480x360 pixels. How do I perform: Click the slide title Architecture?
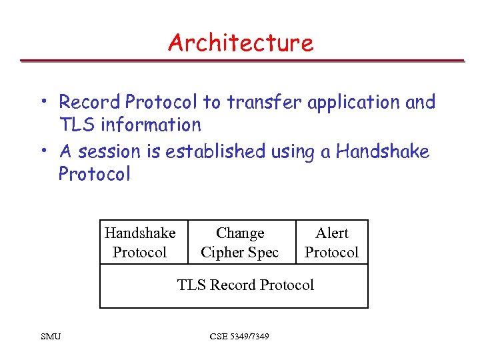pos(240,43)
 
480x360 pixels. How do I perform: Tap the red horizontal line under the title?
pos(241,61)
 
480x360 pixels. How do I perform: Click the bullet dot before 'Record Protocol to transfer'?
pos(43,102)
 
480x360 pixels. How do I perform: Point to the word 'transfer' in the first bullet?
pos(261,102)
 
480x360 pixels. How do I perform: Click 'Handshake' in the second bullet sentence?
pos(383,152)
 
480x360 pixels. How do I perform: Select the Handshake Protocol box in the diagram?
pos(141,243)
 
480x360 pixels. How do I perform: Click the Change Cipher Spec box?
pos(240,243)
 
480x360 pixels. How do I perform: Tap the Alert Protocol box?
pos(331,243)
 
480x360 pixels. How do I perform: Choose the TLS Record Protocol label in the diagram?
pos(245,285)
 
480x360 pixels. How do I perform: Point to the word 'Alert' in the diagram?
pos(331,233)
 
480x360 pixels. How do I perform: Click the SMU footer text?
pos(50,336)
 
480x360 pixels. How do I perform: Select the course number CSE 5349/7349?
pos(239,336)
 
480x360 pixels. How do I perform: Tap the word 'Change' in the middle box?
pos(240,233)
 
